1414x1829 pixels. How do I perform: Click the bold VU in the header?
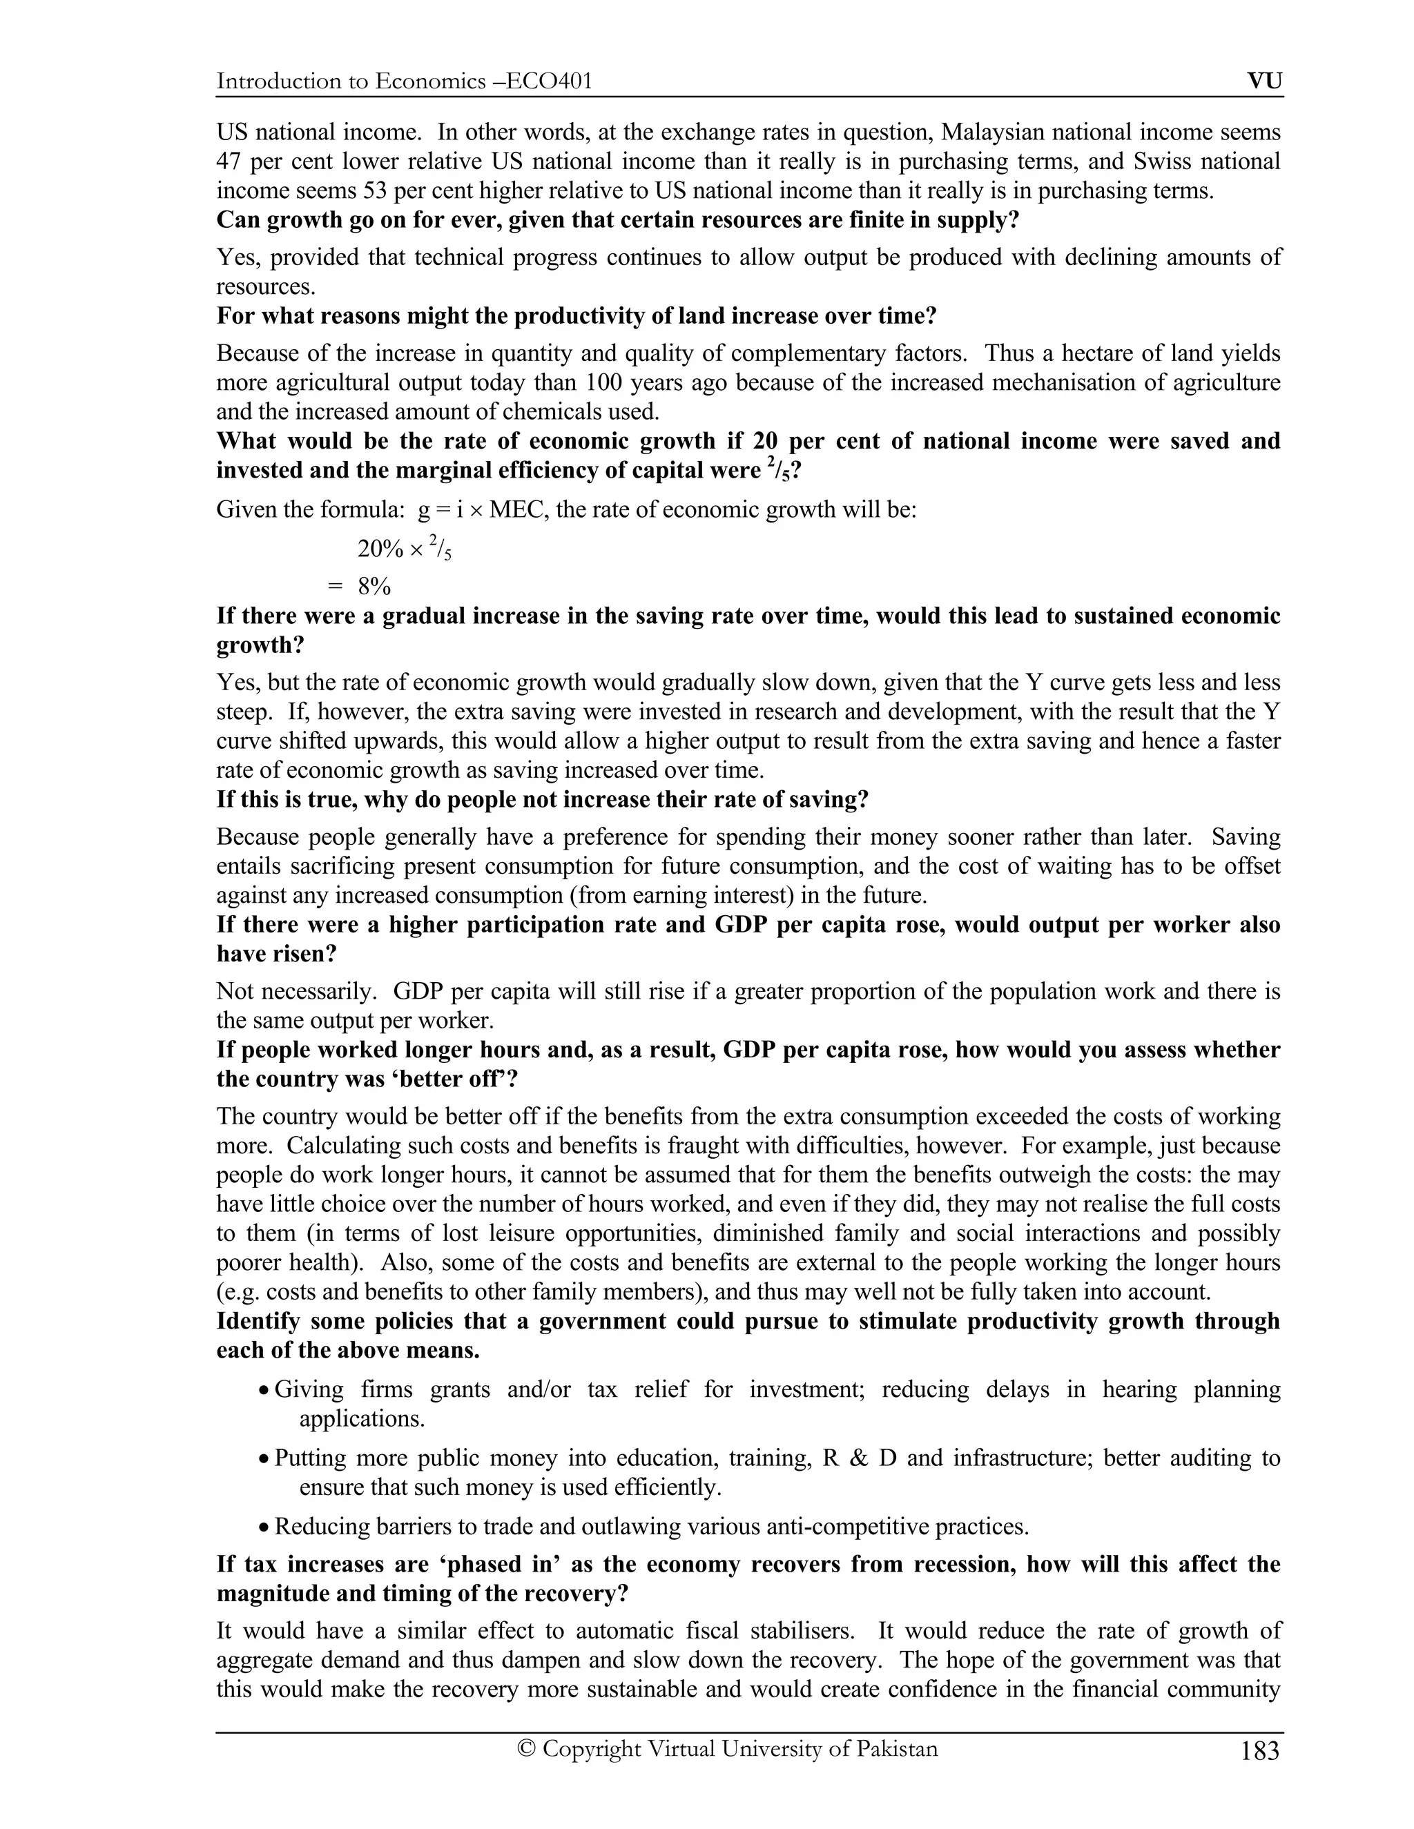point(1264,81)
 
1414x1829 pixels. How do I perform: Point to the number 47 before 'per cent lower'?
point(229,162)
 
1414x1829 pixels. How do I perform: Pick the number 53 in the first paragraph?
point(374,191)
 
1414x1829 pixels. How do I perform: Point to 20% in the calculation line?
point(380,549)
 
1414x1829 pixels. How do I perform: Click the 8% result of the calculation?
point(374,586)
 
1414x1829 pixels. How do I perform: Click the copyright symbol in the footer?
point(526,1749)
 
